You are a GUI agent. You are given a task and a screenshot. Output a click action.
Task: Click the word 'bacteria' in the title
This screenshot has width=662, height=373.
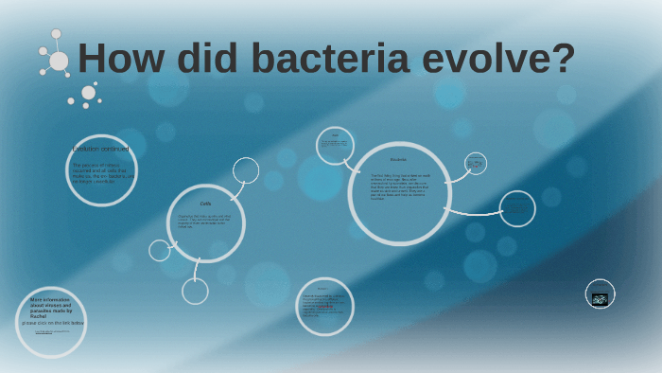point(330,59)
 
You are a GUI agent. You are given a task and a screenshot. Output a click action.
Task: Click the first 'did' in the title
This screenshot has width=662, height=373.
point(200,59)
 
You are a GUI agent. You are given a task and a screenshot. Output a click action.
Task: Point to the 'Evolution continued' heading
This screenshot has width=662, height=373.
point(100,150)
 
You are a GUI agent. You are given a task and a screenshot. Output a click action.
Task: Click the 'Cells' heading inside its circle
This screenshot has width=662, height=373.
point(205,204)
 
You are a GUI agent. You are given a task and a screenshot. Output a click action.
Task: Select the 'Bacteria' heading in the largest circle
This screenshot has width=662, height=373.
point(398,159)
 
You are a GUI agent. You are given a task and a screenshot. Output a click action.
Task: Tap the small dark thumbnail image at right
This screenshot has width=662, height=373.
point(600,298)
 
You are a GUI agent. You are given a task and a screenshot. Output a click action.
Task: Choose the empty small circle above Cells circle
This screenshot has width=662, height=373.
point(246,170)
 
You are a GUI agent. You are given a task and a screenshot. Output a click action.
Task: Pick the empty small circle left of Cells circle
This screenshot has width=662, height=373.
point(160,250)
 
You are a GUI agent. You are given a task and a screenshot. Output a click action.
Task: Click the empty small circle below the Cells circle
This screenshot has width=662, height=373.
point(195,291)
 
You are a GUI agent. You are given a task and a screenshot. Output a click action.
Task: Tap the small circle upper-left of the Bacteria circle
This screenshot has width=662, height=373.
point(335,145)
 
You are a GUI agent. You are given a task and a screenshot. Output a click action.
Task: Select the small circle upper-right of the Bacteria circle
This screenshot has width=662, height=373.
point(476,164)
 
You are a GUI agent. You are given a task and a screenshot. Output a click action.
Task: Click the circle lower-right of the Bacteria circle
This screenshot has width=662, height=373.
point(517,209)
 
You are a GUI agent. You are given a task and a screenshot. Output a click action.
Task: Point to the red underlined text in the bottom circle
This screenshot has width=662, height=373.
point(323,307)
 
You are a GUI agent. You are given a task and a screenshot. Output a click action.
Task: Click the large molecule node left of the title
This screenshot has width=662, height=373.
point(59,62)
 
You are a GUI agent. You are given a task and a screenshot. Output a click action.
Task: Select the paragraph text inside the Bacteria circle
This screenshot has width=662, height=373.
point(399,186)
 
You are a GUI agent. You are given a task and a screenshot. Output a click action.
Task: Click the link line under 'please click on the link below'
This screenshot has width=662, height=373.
point(52,332)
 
